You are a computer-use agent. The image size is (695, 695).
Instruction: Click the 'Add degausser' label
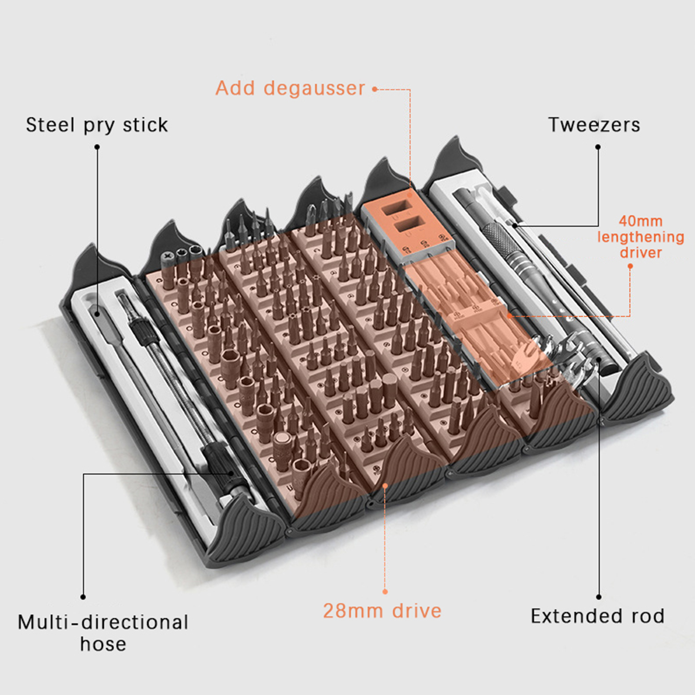coord(290,88)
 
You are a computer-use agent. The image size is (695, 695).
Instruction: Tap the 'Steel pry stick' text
coord(96,125)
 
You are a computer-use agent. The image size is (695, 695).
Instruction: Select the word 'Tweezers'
coord(594,125)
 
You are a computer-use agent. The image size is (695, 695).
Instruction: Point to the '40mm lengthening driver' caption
coord(641,237)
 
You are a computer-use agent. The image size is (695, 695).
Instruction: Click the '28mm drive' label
coord(382,611)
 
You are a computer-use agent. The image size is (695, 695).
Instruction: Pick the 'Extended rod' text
coord(597,616)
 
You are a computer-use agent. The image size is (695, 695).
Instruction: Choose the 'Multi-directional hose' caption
coord(103,632)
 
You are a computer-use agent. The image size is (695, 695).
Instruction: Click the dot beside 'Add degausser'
coord(374,89)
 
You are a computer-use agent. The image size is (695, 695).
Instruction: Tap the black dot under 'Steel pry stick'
coord(97,147)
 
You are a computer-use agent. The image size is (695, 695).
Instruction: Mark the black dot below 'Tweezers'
coord(598,147)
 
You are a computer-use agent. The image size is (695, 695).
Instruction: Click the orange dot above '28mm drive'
coord(385,592)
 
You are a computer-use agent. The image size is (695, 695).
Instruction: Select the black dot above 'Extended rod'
coord(599,597)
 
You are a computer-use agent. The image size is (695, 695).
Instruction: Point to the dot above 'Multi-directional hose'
coord(83,597)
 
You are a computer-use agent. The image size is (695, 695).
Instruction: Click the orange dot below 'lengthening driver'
coord(630,266)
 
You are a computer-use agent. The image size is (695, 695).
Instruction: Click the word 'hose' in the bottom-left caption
coord(103,644)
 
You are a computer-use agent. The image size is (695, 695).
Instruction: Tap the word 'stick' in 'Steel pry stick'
coord(145,125)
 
